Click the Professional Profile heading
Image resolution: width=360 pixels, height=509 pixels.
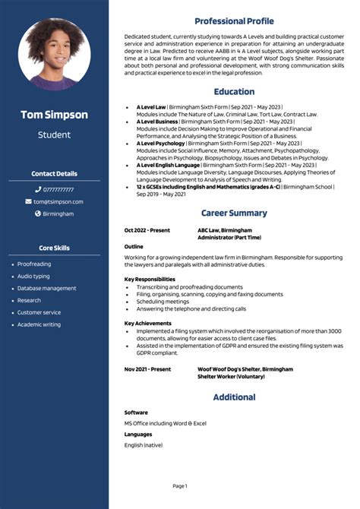pos(234,21)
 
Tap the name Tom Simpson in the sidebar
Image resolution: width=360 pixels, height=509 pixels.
pos(54,115)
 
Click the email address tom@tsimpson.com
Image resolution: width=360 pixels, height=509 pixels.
pos(58,201)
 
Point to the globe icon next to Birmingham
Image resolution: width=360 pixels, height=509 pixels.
pos(38,213)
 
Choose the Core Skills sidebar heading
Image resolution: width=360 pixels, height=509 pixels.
pos(54,248)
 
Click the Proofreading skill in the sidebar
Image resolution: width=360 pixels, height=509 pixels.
pos(34,264)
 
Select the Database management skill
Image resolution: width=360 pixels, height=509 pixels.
pos(46,288)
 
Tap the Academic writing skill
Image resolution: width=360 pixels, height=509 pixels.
pos(39,324)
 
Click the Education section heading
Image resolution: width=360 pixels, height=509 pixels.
pos(234,91)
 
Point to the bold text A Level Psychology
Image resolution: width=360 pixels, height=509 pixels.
pos(160,142)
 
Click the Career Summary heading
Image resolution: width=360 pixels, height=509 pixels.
pos(234,213)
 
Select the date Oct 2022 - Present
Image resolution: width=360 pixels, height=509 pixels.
pos(147,229)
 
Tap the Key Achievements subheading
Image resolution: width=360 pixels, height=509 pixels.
pos(148,323)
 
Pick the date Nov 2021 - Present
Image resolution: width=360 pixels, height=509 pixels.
pos(147,368)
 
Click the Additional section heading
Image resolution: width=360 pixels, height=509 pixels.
pos(234,397)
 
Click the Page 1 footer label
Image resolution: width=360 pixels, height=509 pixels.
pos(180,485)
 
